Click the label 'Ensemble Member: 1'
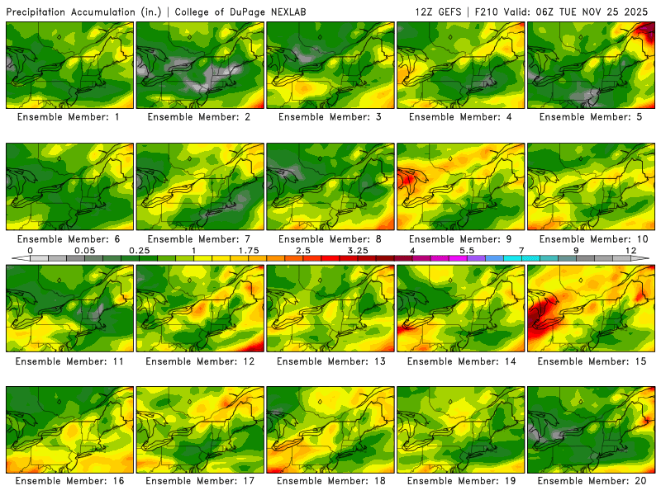[x=70, y=117]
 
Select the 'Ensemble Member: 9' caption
[x=461, y=238]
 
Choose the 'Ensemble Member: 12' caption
[x=201, y=361]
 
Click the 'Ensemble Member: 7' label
[x=201, y=238]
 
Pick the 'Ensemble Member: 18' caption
[x=330, y=480]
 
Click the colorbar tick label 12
[x=631, y=249]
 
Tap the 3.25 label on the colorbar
[x=358, y=249]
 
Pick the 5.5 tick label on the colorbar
[x=467, y=249]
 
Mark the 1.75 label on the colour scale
[x=248, y=249]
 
